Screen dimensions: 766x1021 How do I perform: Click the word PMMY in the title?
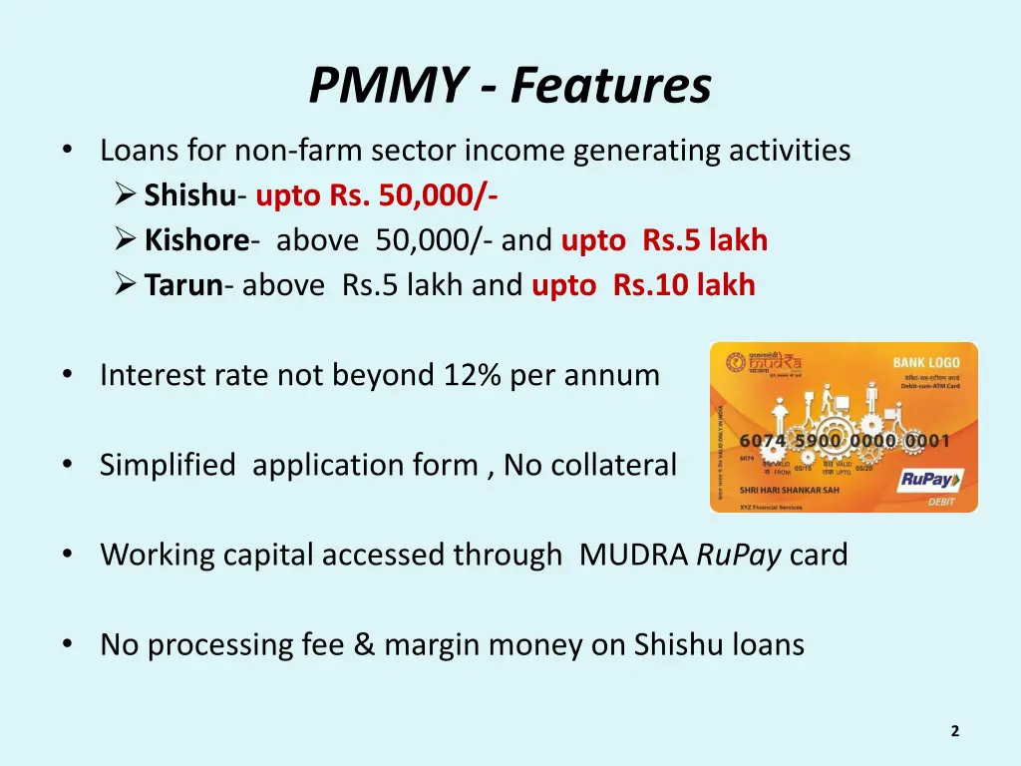tap(384, 86)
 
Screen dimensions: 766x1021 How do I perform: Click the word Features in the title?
tap(611, 86)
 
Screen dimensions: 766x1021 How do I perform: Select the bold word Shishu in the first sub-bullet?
tap(190, 195)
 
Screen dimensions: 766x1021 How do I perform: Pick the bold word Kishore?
tap(196, 240)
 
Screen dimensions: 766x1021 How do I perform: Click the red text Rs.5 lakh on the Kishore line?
tap(705, 240)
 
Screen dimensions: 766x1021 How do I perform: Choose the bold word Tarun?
tap(183, 286)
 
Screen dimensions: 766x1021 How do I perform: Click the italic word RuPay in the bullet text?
tap(739, 556)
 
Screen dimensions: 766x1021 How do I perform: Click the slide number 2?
tap(954, 731)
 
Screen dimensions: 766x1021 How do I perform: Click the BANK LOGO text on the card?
tap(925, 362)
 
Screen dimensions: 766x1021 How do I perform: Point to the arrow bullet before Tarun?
tap(126, 286)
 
